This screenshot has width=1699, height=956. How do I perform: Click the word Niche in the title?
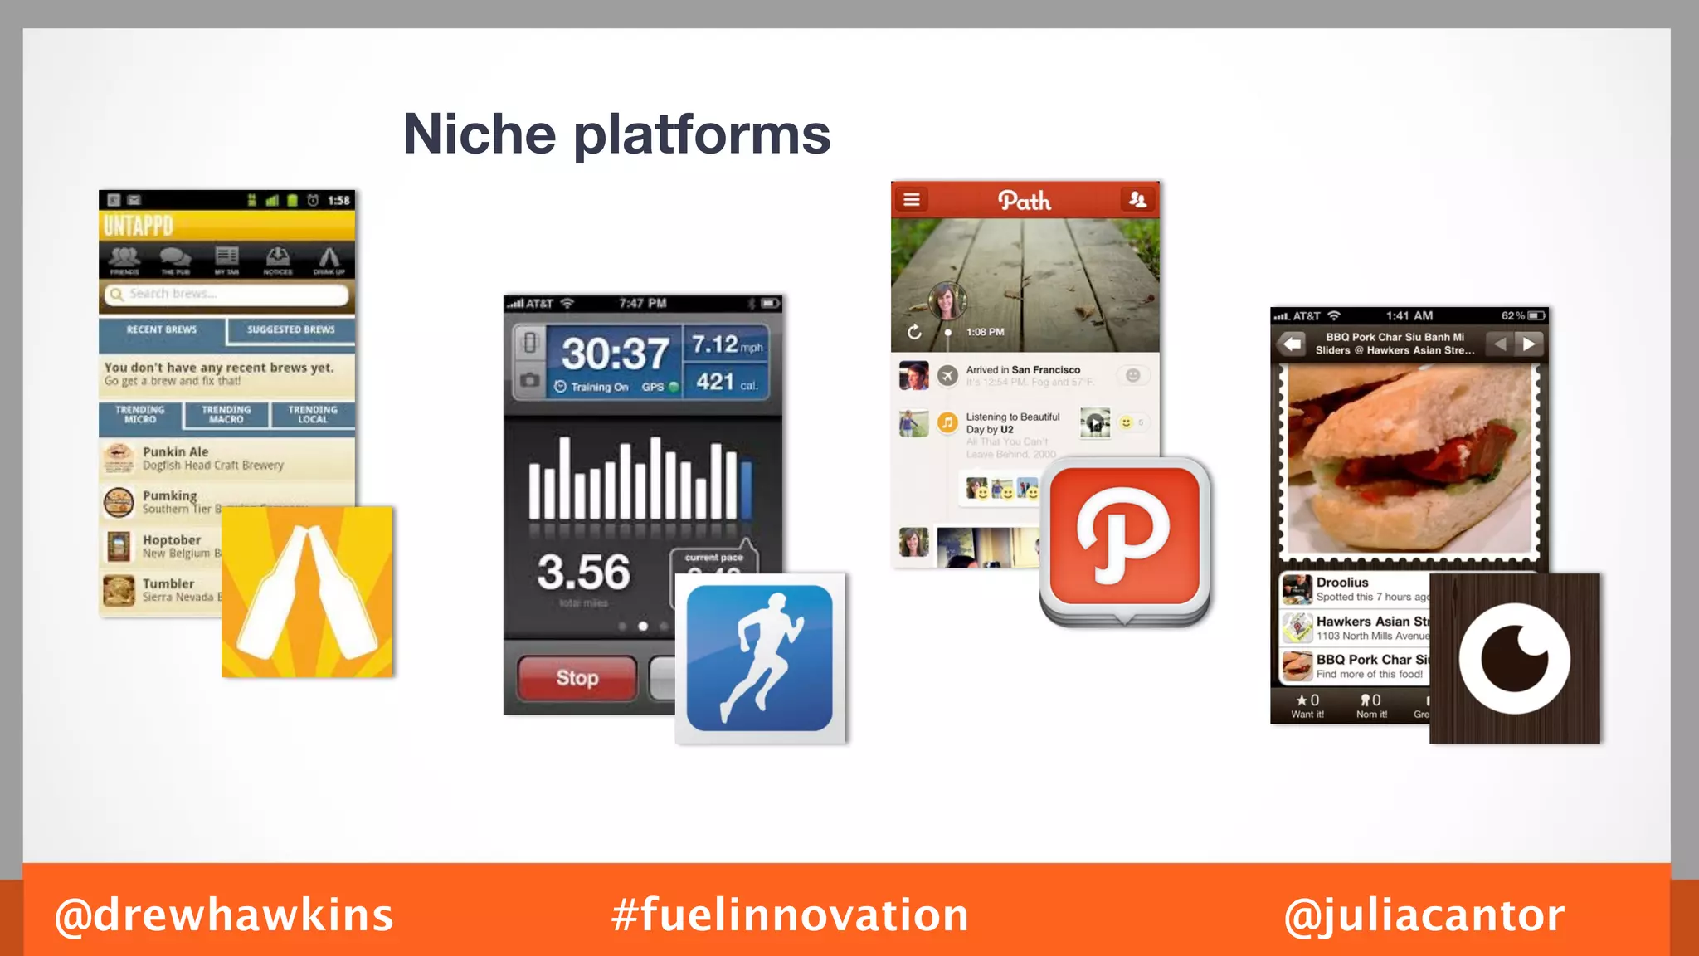click(x=479, y=134)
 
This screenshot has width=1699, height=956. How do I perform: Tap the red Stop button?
click(x=577, y=678)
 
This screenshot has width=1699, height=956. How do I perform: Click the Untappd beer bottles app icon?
click(x=307, y=592)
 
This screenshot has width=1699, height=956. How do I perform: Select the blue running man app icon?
click(x=760, y=658)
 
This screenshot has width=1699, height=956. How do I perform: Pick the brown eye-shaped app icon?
click(x=1514, y=658)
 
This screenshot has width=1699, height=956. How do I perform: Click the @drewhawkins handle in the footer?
click(x=224, y=915)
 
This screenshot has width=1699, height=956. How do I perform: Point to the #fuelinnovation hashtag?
click(x=790, y=915)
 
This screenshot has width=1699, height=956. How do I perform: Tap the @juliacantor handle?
click(x=1424, y=915)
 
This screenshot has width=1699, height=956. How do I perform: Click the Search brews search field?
click(x=226, y=294)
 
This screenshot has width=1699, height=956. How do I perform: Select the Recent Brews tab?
click(x=162, y=330)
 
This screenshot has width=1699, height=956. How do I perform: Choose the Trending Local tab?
click(x=313, y=414)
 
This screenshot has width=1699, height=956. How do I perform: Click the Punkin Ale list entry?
click(x=213, y=458)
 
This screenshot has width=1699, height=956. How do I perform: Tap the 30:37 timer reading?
click(x=615, y=354)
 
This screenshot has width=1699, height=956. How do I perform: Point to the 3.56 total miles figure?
click(x=583, y=572)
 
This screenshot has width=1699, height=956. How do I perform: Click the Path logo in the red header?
click(x=1025, y=200)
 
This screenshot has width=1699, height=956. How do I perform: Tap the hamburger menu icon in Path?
click(x=912, y=199)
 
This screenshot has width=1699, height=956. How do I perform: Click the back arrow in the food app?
click(x=1292, y=344)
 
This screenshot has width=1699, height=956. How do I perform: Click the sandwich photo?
click(x=1409, y=461)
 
